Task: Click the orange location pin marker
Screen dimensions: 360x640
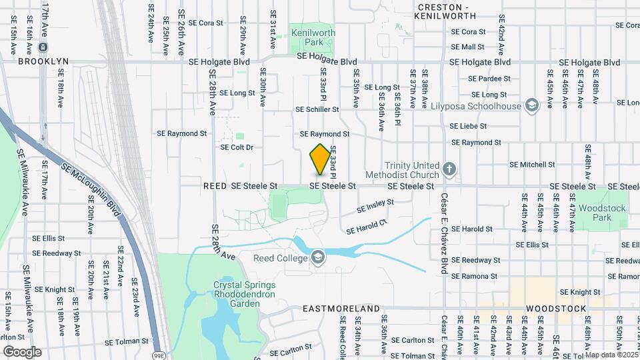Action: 320,159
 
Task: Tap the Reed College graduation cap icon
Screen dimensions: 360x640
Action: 318,257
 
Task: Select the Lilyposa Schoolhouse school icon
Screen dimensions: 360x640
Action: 531,105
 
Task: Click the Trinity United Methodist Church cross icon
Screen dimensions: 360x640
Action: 450,169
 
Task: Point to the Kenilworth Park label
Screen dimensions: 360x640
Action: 313,37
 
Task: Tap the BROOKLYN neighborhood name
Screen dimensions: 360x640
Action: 43,61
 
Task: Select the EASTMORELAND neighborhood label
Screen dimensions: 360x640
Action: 341,309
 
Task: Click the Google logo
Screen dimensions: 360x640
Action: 22,351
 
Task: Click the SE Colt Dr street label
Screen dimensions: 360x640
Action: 237,147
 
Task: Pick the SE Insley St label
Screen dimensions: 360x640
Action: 375,206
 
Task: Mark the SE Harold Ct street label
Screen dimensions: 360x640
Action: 366,227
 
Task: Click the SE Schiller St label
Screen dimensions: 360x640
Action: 317,109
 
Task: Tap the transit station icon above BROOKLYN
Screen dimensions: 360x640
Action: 43,47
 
